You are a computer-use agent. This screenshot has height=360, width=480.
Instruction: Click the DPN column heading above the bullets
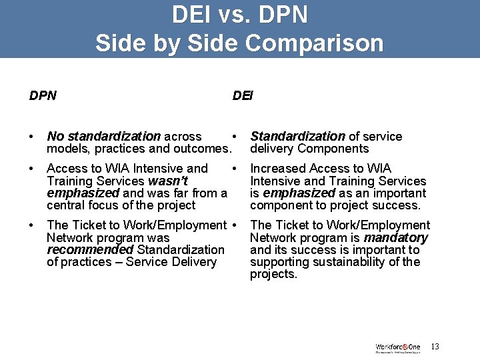(43, 96)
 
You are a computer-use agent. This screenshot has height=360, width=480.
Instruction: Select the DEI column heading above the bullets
(243, 96)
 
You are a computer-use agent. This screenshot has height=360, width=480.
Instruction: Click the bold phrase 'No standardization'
(103, 137)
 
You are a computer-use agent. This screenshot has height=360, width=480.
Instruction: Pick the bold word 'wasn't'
(167, 181)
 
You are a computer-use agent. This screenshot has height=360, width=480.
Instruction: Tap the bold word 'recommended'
(90, 250)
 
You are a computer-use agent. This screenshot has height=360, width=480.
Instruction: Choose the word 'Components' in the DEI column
(333, 149)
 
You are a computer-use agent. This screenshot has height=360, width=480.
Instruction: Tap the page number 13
(435, 347)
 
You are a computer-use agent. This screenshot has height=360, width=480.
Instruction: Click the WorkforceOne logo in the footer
(398, 347)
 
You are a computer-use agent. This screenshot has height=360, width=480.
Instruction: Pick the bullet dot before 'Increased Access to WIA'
(235, 169)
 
